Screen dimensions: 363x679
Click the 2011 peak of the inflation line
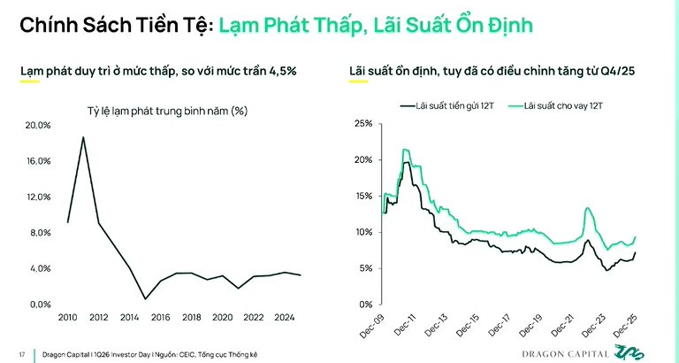(x=83, y=137)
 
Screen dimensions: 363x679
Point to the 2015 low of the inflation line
(x=145, y=298)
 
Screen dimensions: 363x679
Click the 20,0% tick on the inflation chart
(x=38, y=126)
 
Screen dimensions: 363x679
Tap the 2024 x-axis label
(x=286, y=318)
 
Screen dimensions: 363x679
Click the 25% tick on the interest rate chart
(x=363, y=123)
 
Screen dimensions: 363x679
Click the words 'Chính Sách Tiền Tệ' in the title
(x=113, y=26)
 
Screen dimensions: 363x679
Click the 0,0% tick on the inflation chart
(x=40, y=305)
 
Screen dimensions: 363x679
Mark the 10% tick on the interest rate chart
(x=363, y=232)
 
